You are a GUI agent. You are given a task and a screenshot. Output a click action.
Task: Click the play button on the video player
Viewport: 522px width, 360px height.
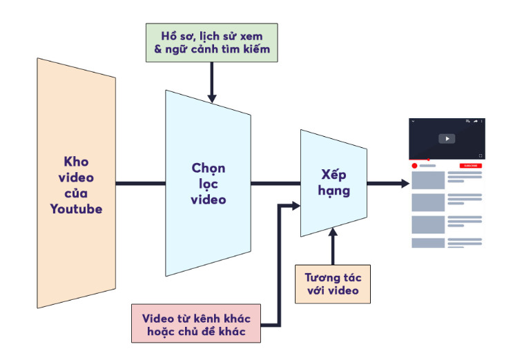pos(447,138)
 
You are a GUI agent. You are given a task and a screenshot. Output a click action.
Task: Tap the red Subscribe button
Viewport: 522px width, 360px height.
pos(470,166)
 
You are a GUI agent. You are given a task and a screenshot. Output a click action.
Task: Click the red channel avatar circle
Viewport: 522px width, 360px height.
pos(415,166)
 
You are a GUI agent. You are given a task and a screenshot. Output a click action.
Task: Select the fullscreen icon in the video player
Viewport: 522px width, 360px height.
pos(481,155)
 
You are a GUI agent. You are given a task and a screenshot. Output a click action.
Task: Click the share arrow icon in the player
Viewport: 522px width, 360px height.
pos(475,122)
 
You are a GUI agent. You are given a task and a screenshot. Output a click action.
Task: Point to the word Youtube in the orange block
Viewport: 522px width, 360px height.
pos(76,208)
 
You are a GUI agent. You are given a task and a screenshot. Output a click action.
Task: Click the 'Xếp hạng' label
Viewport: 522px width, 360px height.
pos(336,182)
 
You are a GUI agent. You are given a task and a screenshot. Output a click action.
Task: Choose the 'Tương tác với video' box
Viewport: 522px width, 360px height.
pos(332,283)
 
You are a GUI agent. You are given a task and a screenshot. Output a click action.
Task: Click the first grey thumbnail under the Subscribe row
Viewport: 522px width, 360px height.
pos(428,180)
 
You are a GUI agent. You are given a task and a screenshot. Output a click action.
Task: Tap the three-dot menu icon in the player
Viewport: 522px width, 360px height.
pos(482,122)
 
